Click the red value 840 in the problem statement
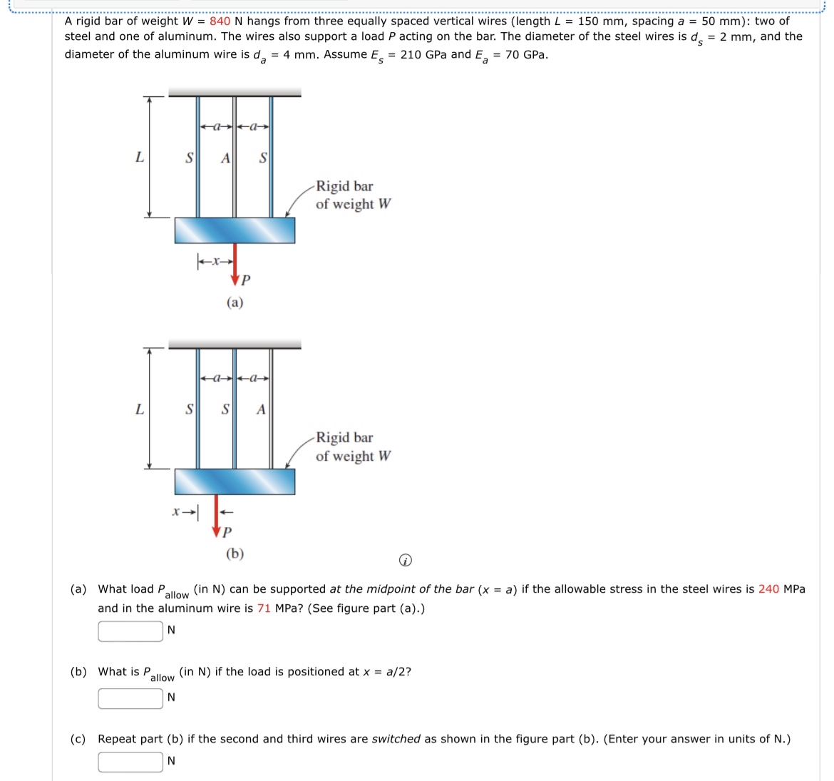(220, 21)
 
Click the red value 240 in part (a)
(768, 589)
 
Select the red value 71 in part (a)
(264, 608)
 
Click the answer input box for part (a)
(130, 631)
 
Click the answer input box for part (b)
(130, 698)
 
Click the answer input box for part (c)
(130, 762)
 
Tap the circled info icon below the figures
(405, 561)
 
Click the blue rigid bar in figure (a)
(235, 230)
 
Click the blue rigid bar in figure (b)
(235, 481)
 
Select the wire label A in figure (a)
(225, 158)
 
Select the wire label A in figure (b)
(261, 409)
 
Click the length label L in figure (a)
(140, 158)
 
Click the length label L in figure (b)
(140, 409)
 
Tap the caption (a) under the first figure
(235, 302)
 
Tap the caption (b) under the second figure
(235, 553)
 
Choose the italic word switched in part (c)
(396, 739)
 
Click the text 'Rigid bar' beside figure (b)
(344, 437)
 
